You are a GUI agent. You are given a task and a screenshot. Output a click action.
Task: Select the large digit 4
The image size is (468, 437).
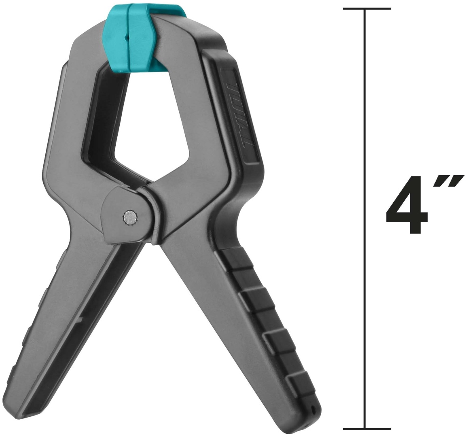click(x=408, y=204)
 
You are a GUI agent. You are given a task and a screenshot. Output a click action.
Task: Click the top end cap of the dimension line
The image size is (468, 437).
click(x=367, y=8)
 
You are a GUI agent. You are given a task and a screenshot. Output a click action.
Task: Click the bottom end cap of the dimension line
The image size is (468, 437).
click(x=367, y=429)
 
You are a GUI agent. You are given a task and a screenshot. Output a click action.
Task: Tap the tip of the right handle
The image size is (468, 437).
click(x=310, y=418)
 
